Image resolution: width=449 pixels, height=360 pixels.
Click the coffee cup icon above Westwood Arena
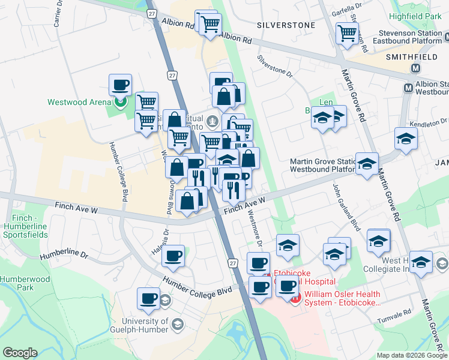(120, 85)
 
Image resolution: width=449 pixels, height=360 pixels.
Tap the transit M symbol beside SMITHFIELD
(415, 68)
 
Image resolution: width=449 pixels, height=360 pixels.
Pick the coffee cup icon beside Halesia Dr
(173, 256)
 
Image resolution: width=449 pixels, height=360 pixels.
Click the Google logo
(20, 353)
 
